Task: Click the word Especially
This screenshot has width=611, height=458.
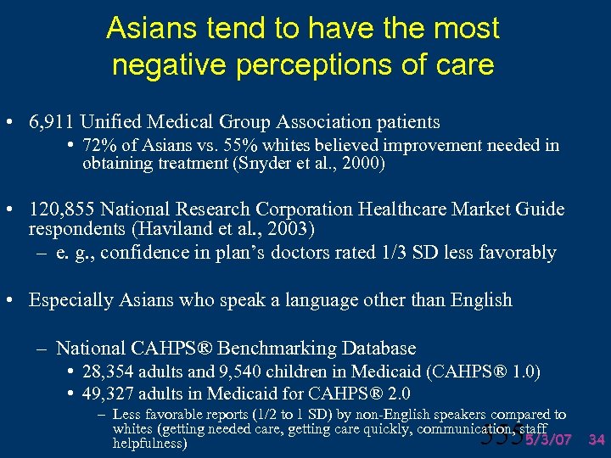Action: [x=72, y=299]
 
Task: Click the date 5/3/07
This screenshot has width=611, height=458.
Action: [x=549, y=439]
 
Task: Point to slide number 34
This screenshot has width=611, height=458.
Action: [x=597, y=439]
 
